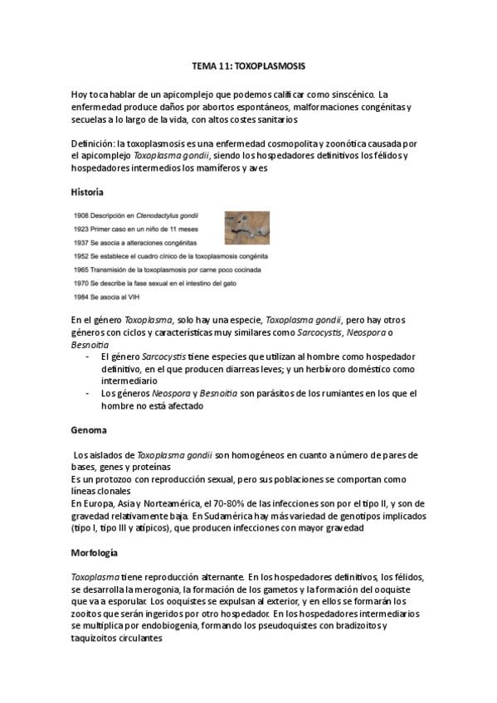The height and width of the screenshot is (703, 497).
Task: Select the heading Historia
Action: pyautogui.click(x=88, y=192)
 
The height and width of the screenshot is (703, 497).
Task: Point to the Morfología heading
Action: pyautogui.click(x=95, y=551)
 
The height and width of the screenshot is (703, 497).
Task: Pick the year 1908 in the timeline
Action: pyautogui.click(x=83, y=216)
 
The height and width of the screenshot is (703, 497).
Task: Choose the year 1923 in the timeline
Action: pyautogui.click(x=83, y=229)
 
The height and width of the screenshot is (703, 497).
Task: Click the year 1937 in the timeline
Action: pyautogui.click(x=83, y=243)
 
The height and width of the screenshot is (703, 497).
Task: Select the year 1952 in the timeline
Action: pyautogui.click(x=83, y=256)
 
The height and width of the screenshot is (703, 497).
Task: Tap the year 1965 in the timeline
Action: pyautogui.click(x=83, y=270)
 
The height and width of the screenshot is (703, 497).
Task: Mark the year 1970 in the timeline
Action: pyautogui.click(x=83, y=284)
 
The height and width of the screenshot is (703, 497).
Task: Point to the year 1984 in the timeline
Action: pyautogui.click(x=83, y=298)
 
